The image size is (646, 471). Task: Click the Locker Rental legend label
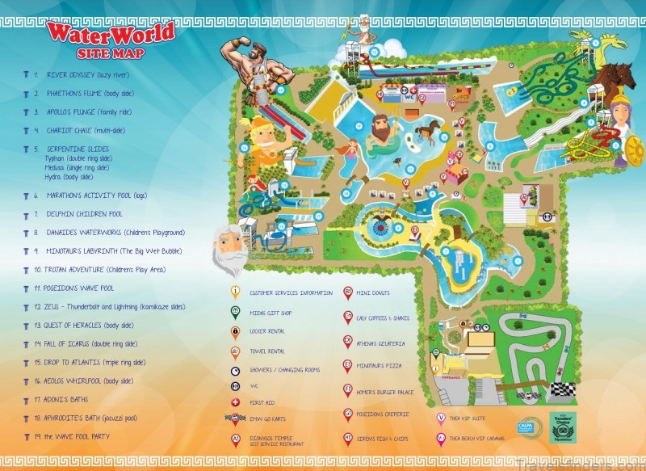267,331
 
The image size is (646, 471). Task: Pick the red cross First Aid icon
235,402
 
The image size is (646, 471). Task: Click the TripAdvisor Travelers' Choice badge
563,427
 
